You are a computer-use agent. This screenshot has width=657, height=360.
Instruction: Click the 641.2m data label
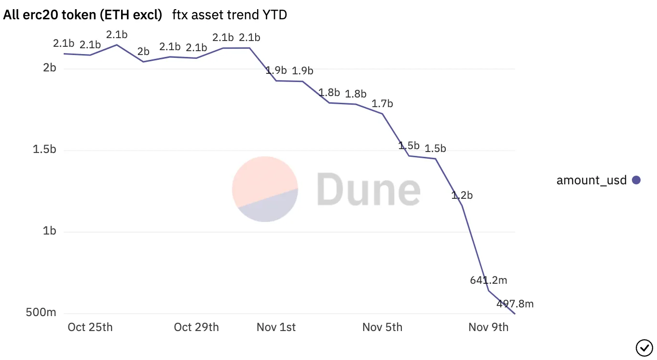pyautogui.click(x=488, y=280)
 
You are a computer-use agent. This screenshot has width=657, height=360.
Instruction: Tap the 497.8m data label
pyautogui.click(x=515, y=304)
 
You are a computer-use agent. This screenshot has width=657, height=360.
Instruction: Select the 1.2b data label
pyautogui.click(x=462, y=195)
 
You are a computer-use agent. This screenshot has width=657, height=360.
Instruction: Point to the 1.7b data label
pyautogui.click(x=382, y=104)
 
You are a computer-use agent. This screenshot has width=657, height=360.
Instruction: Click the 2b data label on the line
pyautogui.click(x=143, y=52)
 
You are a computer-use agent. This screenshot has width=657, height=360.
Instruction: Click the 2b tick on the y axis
pyautogui.click(x=49, y=68)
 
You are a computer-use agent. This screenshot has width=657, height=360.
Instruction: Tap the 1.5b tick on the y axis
pyautogui.click(x=44, y=150)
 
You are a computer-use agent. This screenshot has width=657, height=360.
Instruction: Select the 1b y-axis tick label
pyautogui.click(x=49, y=231)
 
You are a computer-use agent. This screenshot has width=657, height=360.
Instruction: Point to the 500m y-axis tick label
pyautogui.click(x=41, y=313)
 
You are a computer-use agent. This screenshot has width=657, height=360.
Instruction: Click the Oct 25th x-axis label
pyautogui.click(x=90, y=327)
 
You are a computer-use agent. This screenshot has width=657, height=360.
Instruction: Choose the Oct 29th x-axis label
pyautogui.click(x=196, y=327)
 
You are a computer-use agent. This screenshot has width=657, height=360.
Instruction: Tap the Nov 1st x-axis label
pyautogui.click(x=276, y=327)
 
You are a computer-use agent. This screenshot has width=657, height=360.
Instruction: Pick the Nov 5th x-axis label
pyautogui.click(x=382, y=327)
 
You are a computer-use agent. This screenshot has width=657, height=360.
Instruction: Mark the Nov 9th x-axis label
pyautogui.click(x=488, y=327)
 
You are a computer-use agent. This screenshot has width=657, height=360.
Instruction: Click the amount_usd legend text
pyautogui.click(x=591, y=180)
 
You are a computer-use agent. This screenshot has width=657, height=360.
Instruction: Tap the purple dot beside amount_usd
pyautogui.click(x=636, y=180)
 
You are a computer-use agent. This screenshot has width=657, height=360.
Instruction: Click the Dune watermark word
pyautogui.click(x=368, y=189)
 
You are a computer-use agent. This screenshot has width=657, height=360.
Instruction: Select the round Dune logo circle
pyautogui.click(x=265, y=189)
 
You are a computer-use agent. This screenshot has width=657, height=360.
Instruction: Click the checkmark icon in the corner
pyautogui.click(x=643, y=347)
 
